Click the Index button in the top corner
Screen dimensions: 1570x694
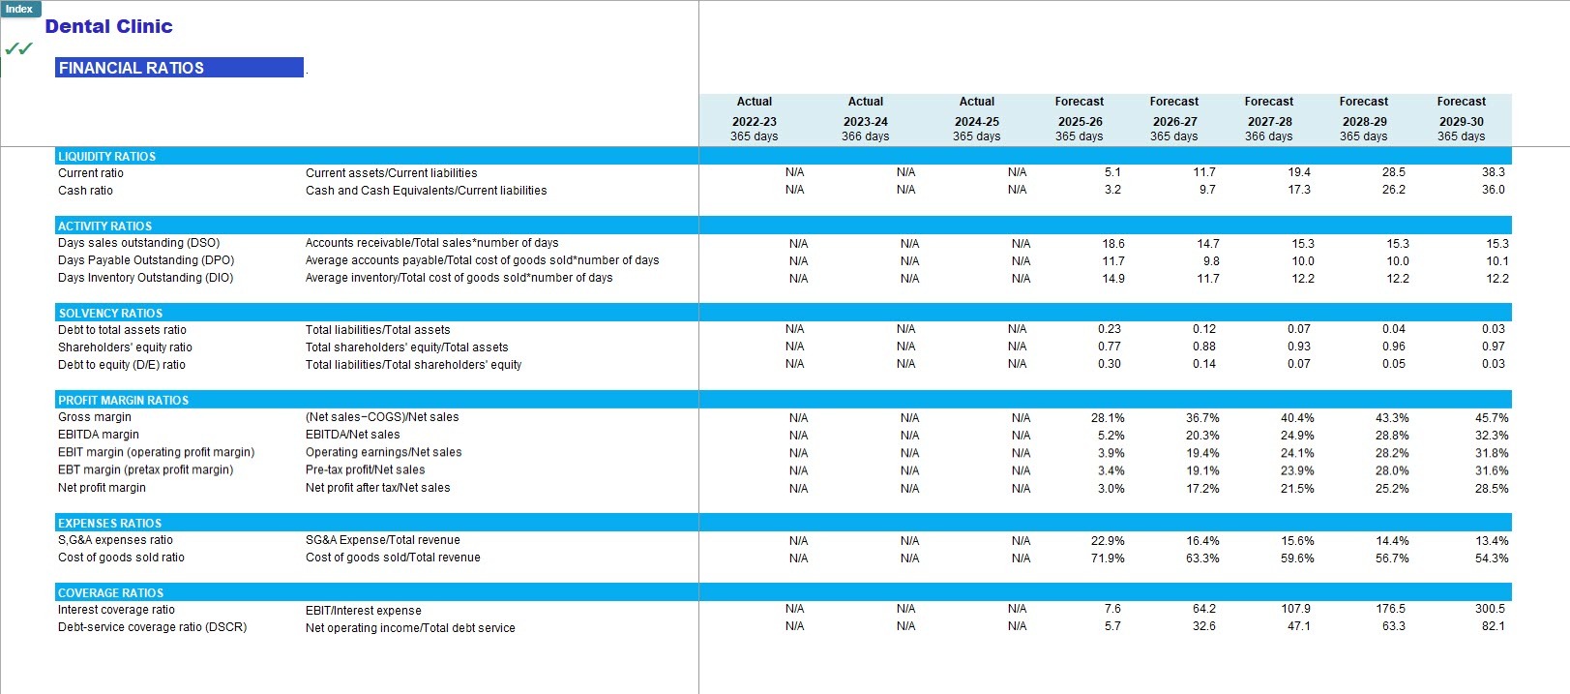click(19, 9)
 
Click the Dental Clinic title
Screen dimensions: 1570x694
click(108, 27)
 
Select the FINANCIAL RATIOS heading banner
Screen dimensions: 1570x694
click(179, 68)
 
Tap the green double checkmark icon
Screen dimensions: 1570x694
click(18, 48)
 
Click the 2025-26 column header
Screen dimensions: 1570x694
click(1081, 121)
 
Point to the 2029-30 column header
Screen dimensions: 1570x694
click(1462, 121)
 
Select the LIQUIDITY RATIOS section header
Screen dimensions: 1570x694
click(106, 156)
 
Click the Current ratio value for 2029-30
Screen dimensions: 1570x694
click(1493, 171)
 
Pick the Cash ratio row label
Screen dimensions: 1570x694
click(85, 190)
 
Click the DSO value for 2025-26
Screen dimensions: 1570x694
click(1113, 243)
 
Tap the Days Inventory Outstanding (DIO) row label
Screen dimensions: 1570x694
click(145, 278)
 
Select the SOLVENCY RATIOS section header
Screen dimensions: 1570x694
click(110, 313)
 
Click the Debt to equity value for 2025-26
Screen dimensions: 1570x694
click(1109, 364)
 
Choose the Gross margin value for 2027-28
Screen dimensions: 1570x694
click(1296, 418)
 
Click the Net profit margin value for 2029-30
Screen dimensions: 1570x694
click(1492, 489)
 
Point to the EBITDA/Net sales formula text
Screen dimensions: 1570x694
click(352, 435)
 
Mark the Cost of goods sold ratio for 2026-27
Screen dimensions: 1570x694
click(1202, 558)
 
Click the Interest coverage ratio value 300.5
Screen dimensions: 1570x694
click(1490, 609)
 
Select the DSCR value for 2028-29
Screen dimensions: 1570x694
click(1393, 626)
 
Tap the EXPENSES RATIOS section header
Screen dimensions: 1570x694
click(109, 523)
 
